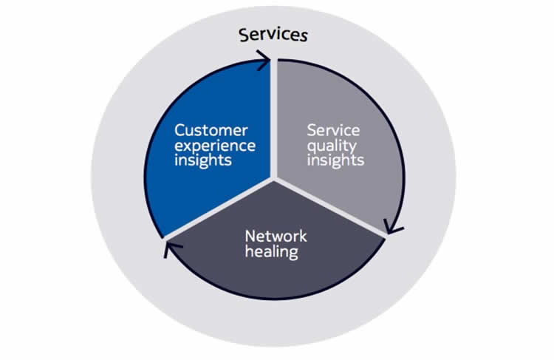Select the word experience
pos(215,145)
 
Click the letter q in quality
pos(312,146)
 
